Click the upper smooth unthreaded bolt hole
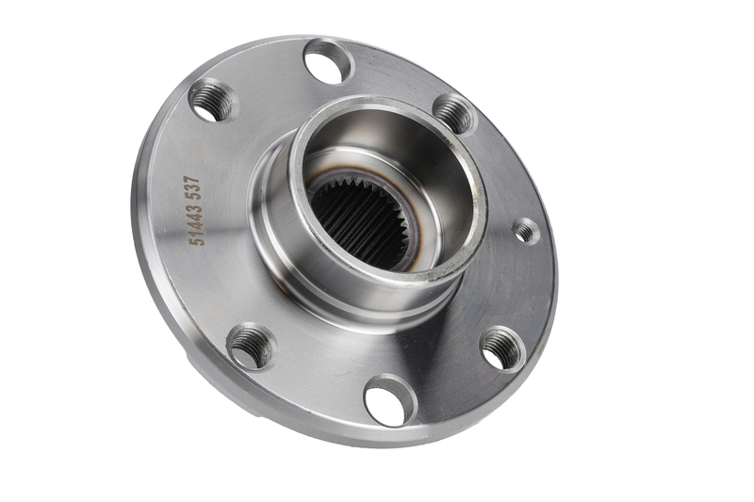tap(329, 62)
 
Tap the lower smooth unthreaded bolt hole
tap(390, 401)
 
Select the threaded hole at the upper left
tap(213, 102)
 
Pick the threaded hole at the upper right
tap(454, 115)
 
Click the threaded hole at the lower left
tap(252, 347)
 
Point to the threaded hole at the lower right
tap(503, 349)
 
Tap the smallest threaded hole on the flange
tap(527, 231)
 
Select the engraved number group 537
tap(193, 186)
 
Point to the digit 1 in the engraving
tap(197, 233)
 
